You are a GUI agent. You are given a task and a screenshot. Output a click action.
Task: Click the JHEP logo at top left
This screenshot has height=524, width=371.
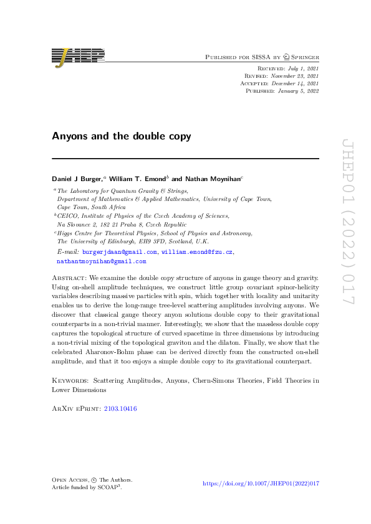[x=78, y=56]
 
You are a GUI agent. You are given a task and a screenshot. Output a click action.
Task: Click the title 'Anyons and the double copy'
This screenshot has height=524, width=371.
[x=121, y=136]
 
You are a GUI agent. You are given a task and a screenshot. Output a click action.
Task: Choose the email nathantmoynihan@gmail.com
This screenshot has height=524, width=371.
[x=101, y=261]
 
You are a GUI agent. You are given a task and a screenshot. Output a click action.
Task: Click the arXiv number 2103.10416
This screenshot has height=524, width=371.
[x=120, y=408]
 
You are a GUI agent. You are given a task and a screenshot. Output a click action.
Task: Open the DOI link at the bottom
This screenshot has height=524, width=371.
[x=261, y=483]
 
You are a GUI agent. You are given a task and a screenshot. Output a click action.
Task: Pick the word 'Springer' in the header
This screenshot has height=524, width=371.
[x=302, y=57]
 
